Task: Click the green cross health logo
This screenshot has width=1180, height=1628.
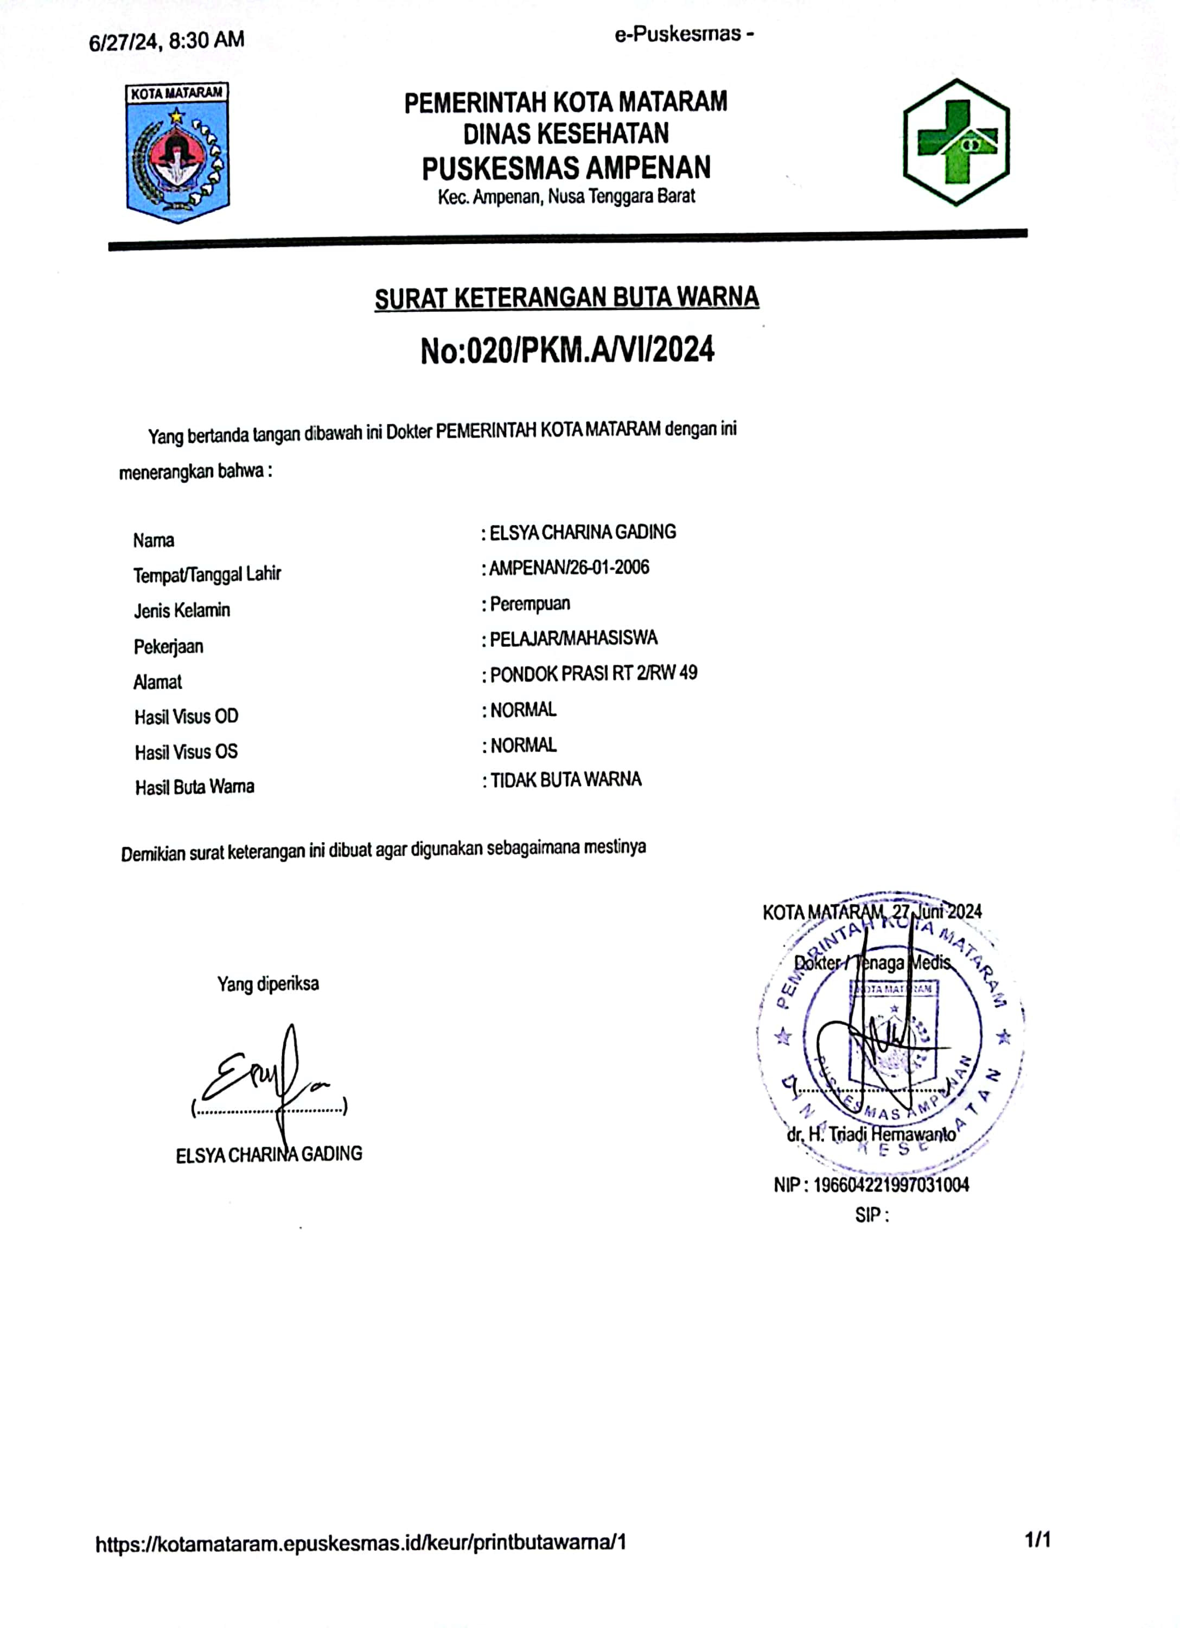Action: (956, 142)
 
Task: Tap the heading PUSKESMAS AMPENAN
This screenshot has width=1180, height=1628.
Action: (566, 168)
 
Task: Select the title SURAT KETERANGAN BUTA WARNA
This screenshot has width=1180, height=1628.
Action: (566, 298)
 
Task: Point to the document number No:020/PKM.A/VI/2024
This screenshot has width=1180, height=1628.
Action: (567, 351)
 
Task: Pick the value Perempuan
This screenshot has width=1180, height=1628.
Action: (530, 603)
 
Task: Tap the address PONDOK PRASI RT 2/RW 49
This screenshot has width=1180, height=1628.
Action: (593, 674)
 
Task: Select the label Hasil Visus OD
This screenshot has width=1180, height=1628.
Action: (186, 716)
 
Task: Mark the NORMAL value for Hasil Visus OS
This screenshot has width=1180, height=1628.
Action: (523, 745)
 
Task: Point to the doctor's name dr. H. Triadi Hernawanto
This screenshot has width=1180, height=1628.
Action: (871, 1134)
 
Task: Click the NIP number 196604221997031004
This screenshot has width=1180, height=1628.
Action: (891, 1185)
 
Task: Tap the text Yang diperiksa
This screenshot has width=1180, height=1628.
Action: (267, 983)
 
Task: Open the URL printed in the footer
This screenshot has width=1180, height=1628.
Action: (361, 1542)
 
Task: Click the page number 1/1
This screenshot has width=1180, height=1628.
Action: (1038, 1540)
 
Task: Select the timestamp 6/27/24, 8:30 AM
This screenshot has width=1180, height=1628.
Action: (167, 40)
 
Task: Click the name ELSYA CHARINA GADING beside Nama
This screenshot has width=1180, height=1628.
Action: (582, 532)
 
